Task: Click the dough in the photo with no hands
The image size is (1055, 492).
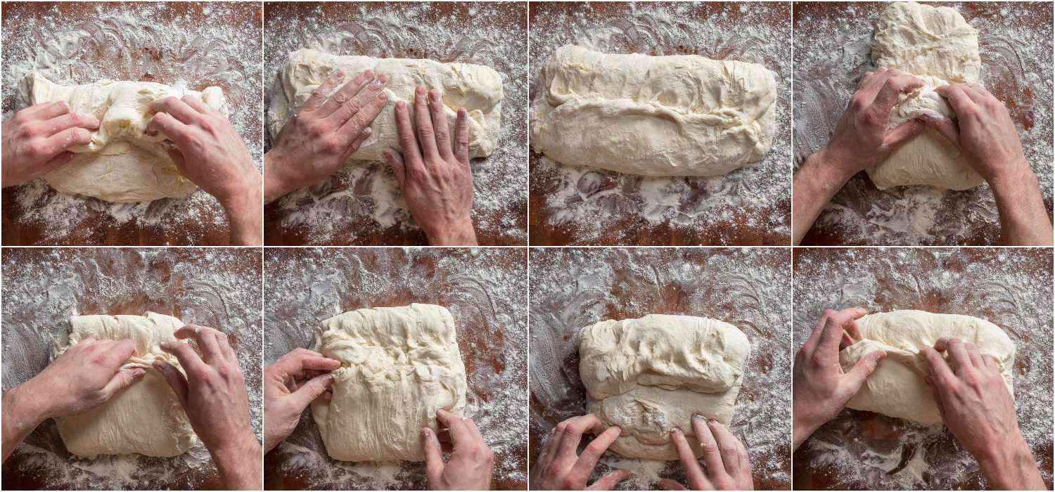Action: click(654, 112)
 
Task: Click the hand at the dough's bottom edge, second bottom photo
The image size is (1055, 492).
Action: click(457, 450)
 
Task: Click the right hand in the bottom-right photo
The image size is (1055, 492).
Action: click(978, 401)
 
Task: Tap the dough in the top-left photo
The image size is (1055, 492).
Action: click(120, 169)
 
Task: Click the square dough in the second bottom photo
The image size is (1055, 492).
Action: click(394, 394)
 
